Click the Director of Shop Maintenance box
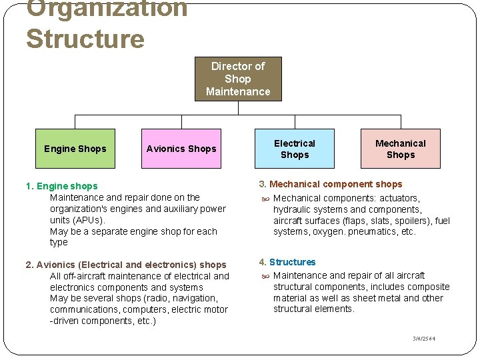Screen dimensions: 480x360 (x=238, y=79)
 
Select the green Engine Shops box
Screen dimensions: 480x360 (x=75, y=149)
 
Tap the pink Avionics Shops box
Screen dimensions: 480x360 (x=181, y=149)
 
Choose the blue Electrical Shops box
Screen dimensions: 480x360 (x=295, y=149)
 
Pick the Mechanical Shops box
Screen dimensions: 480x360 (x=400, y=149)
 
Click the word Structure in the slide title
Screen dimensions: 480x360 (x=85, y=39)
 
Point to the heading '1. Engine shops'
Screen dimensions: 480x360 (x=61, y=186)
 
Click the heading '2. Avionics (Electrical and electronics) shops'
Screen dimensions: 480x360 (x=126, y=265)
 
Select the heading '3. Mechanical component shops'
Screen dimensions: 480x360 (x=331, y=184)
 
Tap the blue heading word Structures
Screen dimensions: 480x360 (x=292, y=262)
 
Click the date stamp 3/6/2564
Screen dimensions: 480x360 (x=424, y=339)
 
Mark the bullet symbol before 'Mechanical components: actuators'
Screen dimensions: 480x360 (x=265, y=199)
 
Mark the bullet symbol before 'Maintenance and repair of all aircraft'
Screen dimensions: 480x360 (x=265, y=276)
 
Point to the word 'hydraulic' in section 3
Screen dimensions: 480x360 (x=292, y=209)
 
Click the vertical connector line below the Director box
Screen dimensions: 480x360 (x=238, y=108)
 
